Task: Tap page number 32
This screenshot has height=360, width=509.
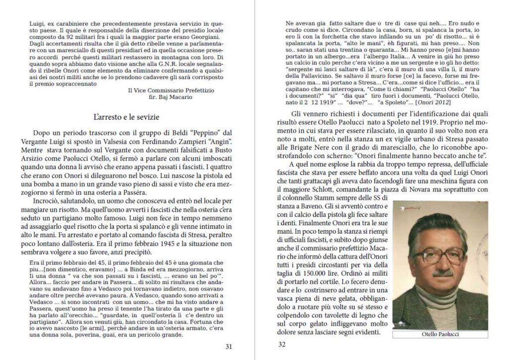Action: pos(282,344)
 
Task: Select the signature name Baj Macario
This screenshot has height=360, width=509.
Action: pos(177,97)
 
